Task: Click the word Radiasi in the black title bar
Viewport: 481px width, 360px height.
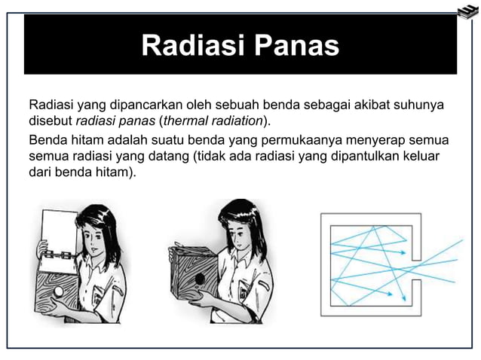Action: tap(191, 45)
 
